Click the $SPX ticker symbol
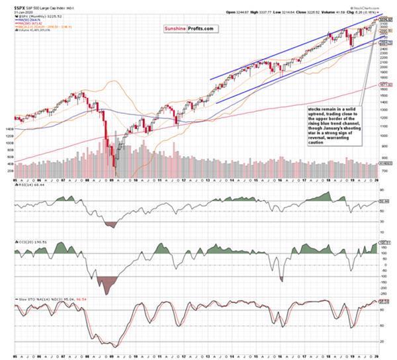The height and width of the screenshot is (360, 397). (x=11, y=5)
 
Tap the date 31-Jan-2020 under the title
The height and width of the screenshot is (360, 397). (x=12, y=9)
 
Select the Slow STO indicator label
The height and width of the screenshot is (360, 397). (x=19, y=299)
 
